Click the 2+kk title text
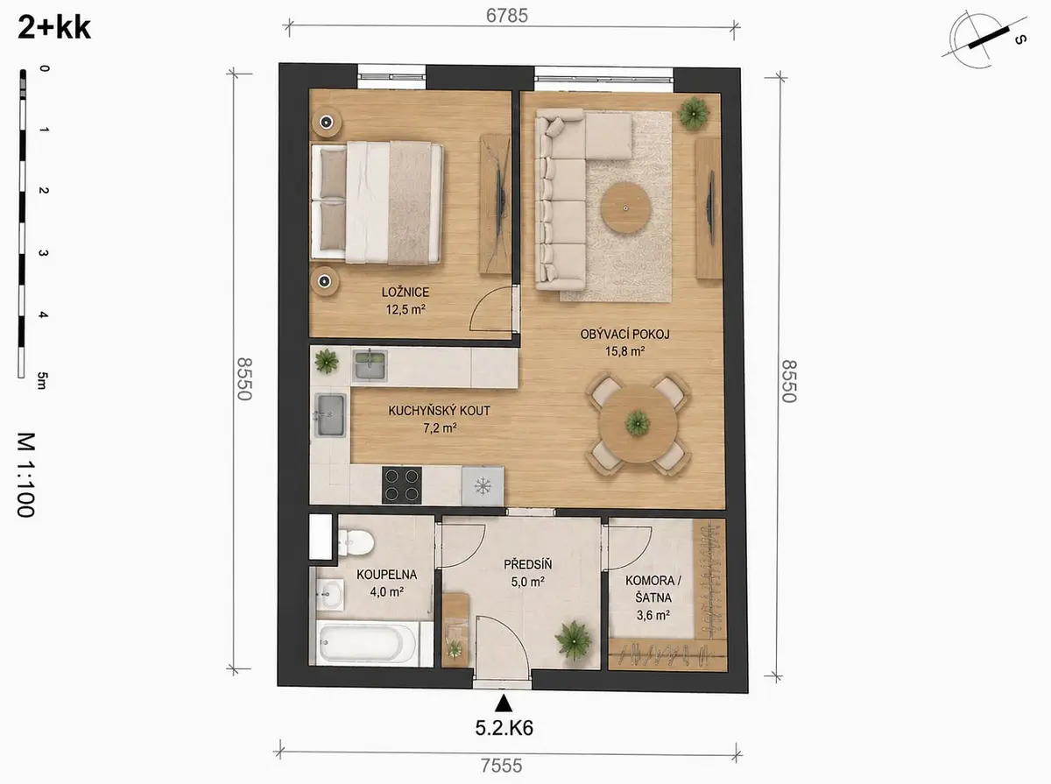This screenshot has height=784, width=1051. tap(54, 28)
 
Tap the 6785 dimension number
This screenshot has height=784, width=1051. tap(506, 16)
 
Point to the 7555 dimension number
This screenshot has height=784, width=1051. tap(501, 766)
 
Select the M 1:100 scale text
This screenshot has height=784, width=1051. tap(26, 475)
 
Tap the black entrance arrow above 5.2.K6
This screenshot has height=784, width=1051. tap(504, 703)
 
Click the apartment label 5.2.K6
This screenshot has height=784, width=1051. tap(504, 729)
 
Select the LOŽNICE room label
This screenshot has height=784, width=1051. tap(406, 292)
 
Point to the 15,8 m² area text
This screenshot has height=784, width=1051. tap(624, 351)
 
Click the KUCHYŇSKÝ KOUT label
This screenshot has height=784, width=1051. tap(439, 411)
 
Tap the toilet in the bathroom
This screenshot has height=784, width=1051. tap(355, 543)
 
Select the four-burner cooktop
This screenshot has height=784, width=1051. tap(402, 484)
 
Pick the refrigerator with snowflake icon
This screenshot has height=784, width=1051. tap(483, 486)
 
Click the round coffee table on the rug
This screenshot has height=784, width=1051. tap(625, 208)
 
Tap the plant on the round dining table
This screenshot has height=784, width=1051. tap(638, 423)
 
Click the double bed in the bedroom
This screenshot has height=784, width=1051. tap(377, 202)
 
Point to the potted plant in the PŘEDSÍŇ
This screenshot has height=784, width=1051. tap(573, 640)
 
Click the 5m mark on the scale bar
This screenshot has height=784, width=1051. tap(42, 381)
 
